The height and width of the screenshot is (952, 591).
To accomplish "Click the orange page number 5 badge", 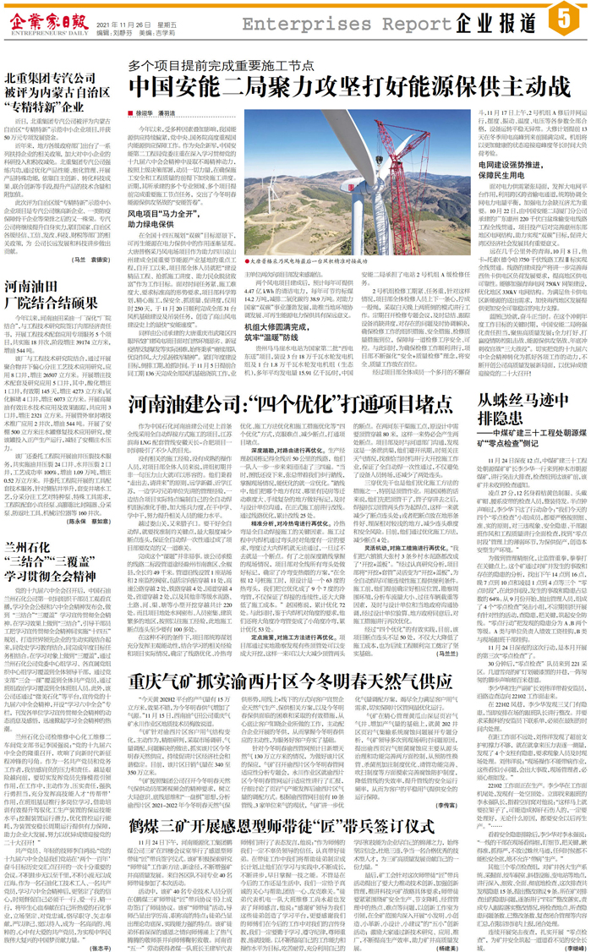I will pyautogui.click(x=565, y=18).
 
